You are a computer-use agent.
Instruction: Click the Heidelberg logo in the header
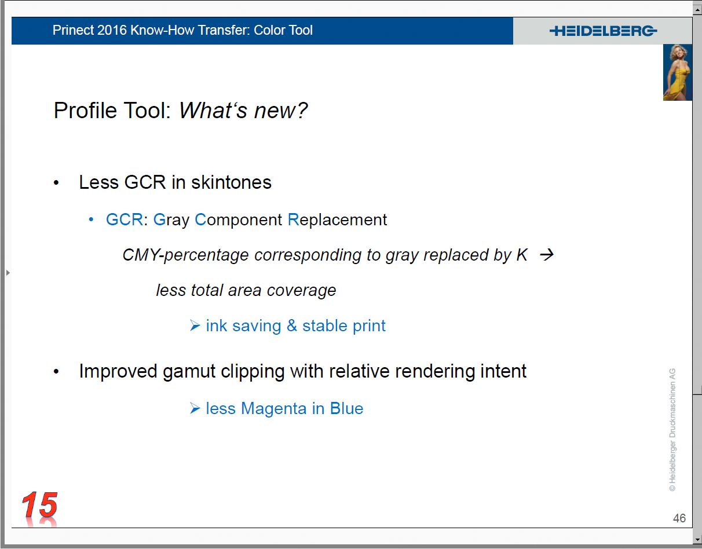pos(603,31)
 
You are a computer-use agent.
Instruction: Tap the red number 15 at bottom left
pos(40,505)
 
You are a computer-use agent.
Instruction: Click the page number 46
pos(679,518)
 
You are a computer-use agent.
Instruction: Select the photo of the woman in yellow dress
pos(678,72)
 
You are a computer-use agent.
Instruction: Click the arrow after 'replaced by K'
pos(547,255)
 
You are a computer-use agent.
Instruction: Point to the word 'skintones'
pos(231,182)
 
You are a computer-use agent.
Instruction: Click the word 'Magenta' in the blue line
pos(273,408)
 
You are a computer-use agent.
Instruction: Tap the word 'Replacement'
pos(337,220)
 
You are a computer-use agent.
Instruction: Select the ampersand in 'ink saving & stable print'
pos(292,325)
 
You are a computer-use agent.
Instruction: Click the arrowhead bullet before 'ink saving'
pos(195,325)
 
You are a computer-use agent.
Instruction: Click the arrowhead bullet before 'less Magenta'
pos(195,408)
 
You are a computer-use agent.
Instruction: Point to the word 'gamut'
pos(189,371)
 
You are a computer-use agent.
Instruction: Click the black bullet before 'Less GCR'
pos(56,183)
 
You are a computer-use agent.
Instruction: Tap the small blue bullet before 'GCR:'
pos(91,220)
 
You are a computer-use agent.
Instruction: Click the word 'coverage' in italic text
pos(301,291)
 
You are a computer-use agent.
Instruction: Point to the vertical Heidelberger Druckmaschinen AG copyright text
pos(672,430)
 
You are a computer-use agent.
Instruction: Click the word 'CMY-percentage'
pos(185,255)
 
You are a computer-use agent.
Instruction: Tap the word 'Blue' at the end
pos(346,408)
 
